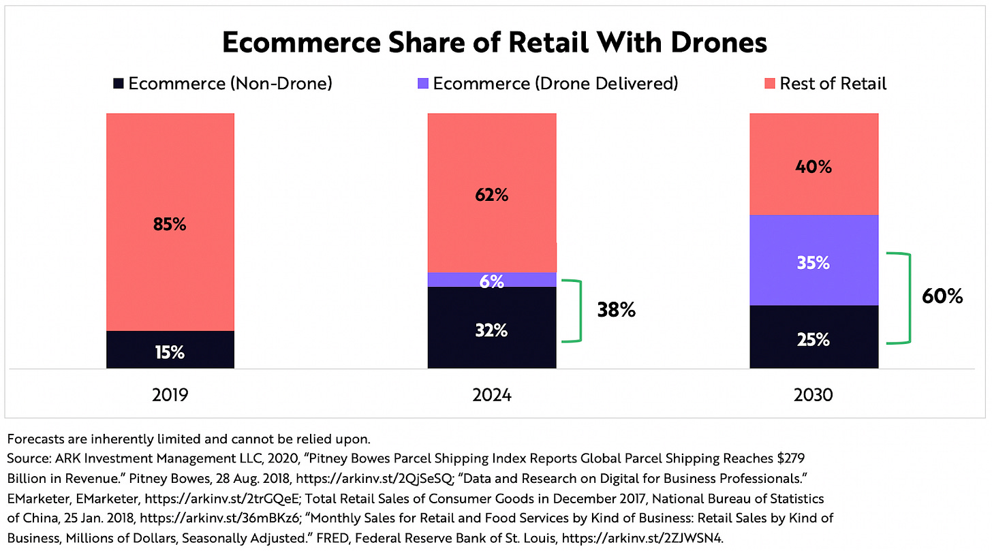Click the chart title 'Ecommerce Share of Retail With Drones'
[495, 43]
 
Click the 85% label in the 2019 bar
[170, 224]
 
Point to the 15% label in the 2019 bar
[170, 352]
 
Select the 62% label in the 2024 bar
[491, 195]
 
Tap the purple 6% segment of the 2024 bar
[491, 280]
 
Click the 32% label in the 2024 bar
[491, 330]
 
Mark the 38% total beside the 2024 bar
[616, 311]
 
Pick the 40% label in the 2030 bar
[813, 166]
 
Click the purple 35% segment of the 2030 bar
[813, 262]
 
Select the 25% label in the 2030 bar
[813, 339]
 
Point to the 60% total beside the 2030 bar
[942, 296]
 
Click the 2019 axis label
[170, 394]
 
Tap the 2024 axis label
[491, 394]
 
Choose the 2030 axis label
[813, 394]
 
